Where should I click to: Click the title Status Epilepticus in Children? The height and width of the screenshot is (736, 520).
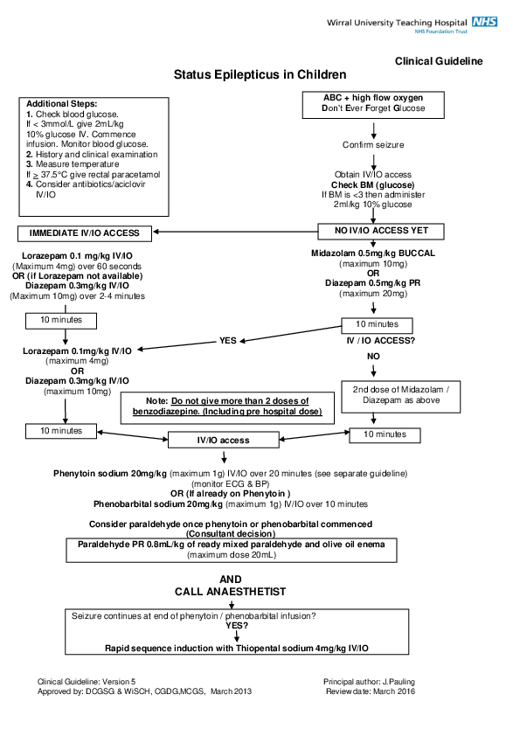tap(260, 75)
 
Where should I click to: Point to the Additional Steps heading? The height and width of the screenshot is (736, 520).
tap(61, 104)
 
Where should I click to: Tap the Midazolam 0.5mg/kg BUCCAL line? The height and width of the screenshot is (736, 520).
tap(373, 253)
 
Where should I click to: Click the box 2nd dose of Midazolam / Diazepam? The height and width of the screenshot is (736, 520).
tap(385, 394)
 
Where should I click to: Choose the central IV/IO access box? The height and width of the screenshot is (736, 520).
tap(223, 440)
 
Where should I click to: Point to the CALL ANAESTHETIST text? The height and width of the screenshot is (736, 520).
tap(230, 592)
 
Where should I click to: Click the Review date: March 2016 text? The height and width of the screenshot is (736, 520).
tap(369, 691)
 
